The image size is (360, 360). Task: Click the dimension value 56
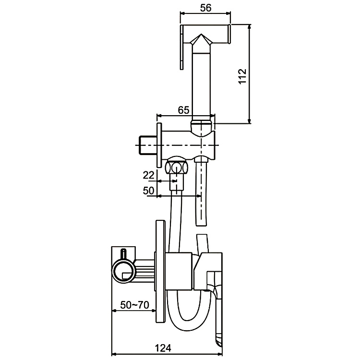tap(204, 8)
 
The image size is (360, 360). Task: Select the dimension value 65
tap(183, 109)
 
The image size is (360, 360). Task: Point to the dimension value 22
tap(149, 174)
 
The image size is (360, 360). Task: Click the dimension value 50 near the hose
tap(149, 191)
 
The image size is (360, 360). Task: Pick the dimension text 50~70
tap(134, 305)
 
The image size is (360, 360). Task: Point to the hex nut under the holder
tap(177, 168)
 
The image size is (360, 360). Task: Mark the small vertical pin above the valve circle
tap(123, 254)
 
